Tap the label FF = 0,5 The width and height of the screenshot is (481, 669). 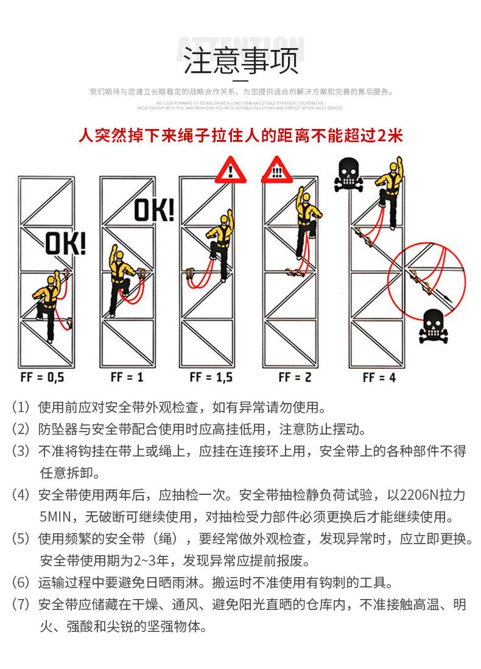point(42,377)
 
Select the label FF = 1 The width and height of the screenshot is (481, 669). point(127,377)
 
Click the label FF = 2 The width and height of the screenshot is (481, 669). point(295,377)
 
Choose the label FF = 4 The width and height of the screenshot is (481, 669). point(379,377)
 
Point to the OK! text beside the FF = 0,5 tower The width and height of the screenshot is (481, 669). point(66,245)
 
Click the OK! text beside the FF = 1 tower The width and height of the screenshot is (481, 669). point(153,210)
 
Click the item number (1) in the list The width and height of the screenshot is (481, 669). point(21,407)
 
